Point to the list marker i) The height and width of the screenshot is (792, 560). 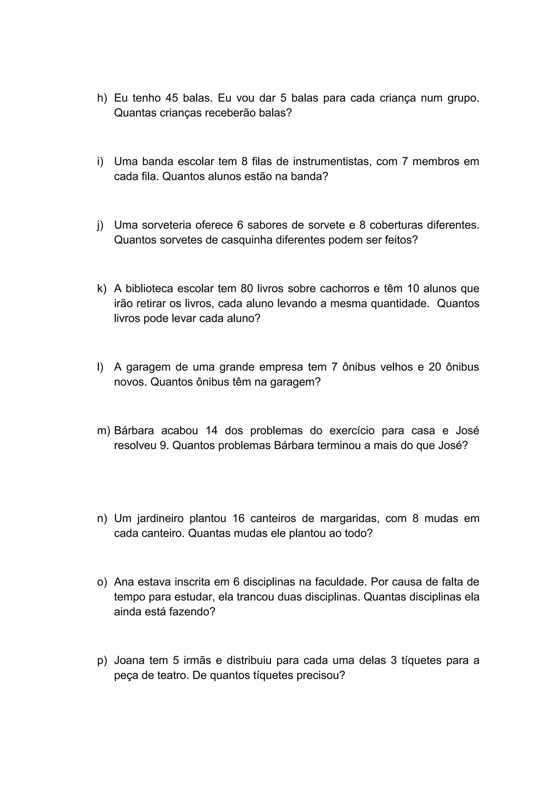point(100,162)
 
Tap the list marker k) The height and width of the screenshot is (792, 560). point(102,288)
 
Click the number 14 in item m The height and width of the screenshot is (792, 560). point(212,431)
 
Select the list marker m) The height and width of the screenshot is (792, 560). point(104,431)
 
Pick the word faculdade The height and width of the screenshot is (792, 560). point(340,582)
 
